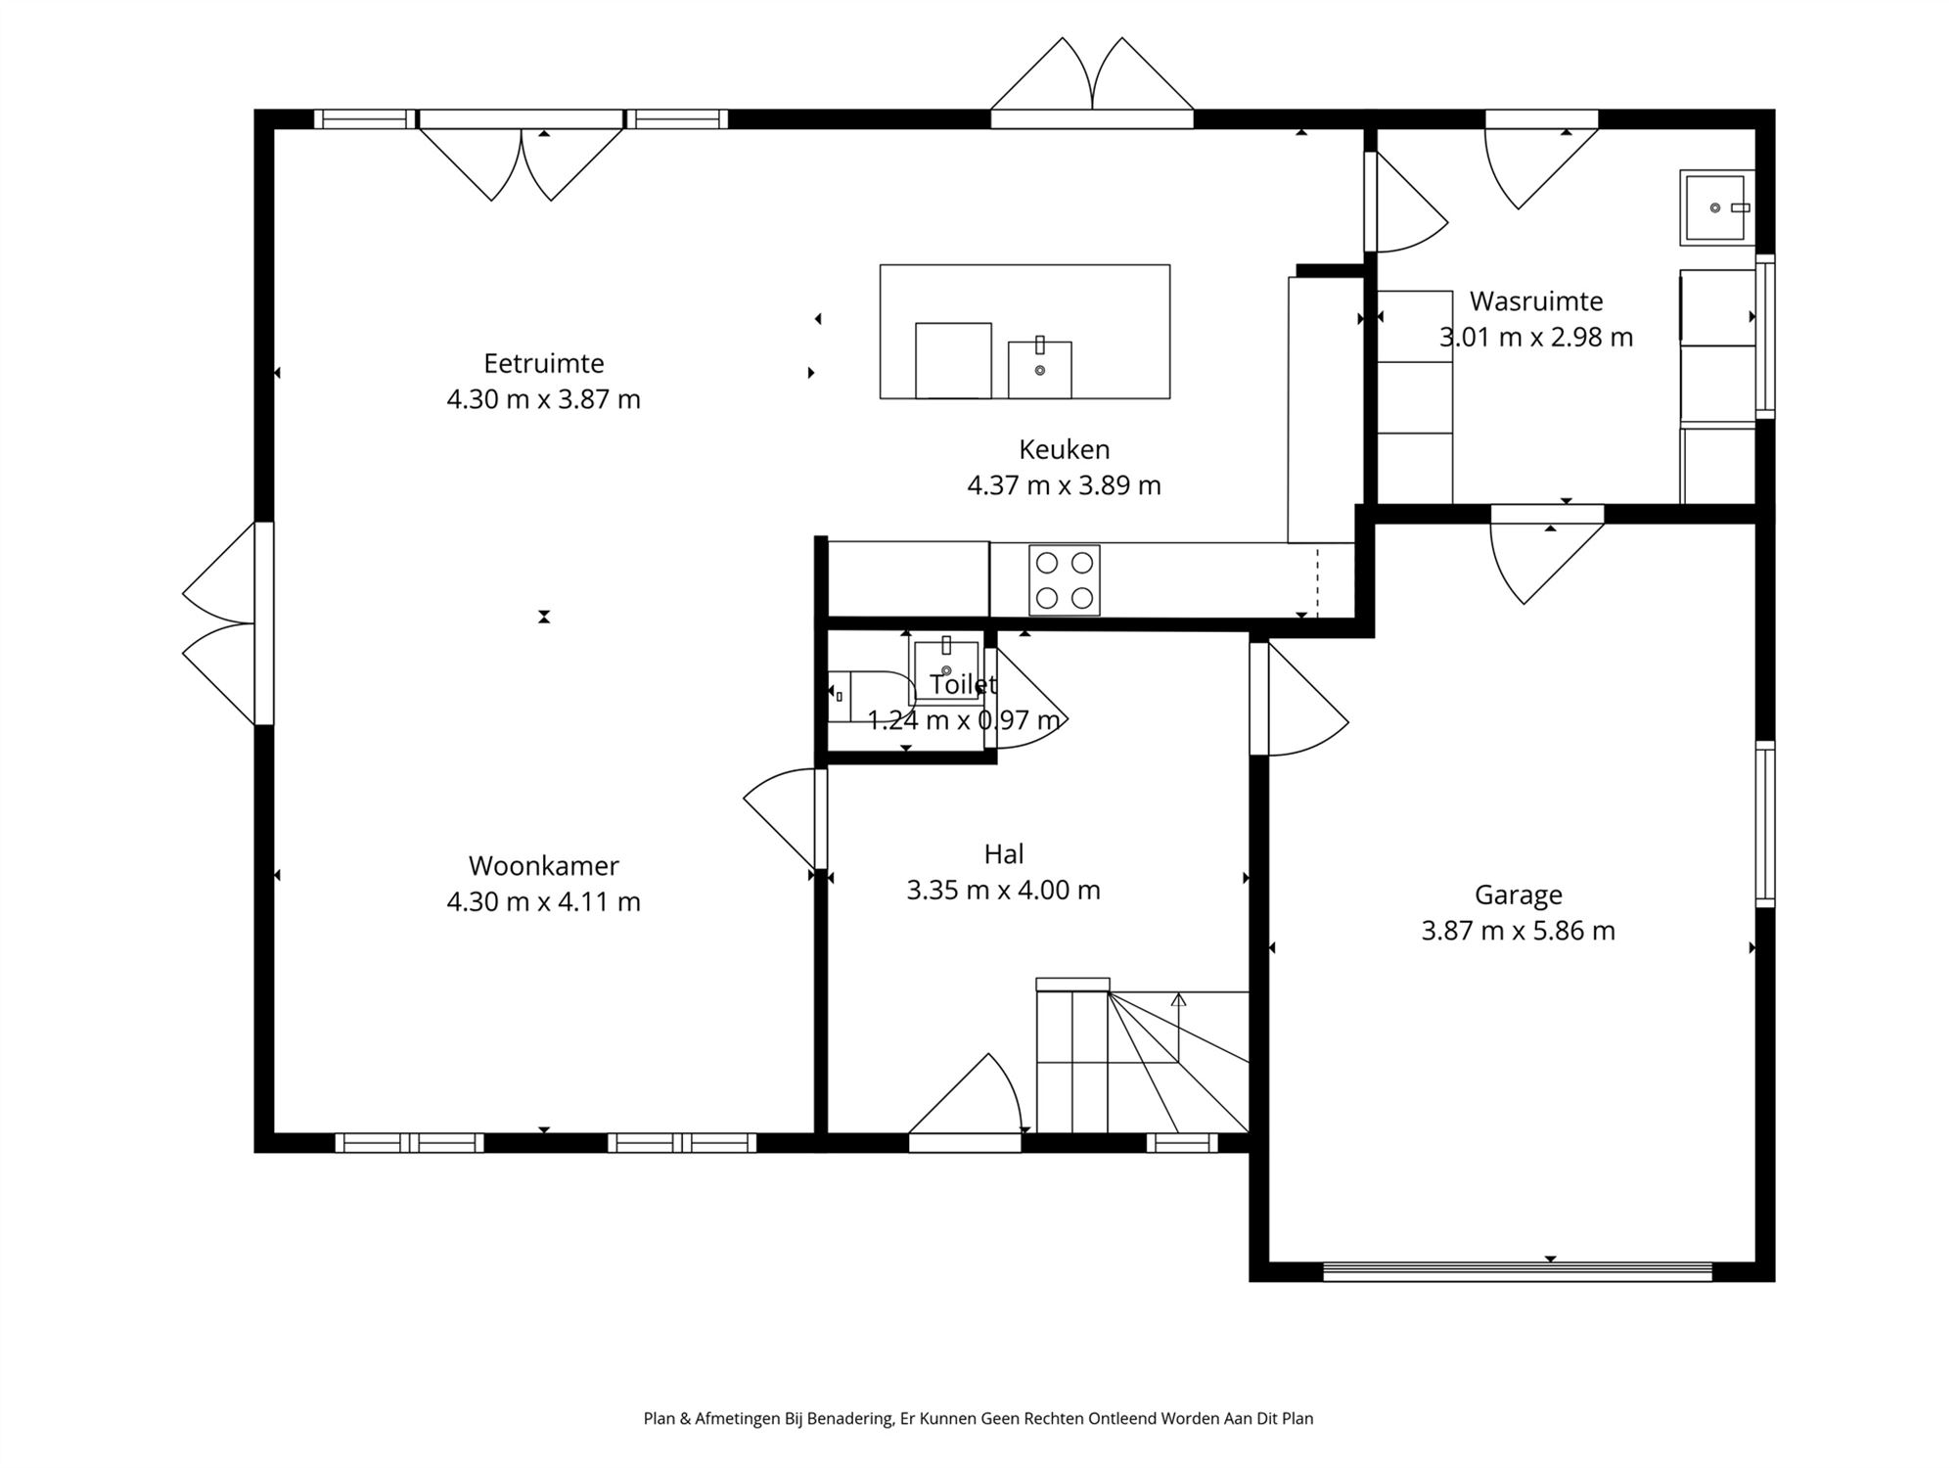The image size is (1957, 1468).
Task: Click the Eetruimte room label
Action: pyautogui.click(x=544, y=363)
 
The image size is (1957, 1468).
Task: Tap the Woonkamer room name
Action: pyautogui.click(x=544, y=866)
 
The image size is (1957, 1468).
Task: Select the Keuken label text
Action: pyautogui.click(x=1065, y=449)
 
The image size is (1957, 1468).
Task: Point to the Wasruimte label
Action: pyautogui.click(x=1536, y=301)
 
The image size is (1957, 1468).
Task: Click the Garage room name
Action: pyautogui.click(x=1519, y=895)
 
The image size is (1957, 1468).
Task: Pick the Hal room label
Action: pyautogui.click(x=1004, y=854)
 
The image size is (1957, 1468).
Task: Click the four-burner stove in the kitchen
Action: pyautogui.click(x=1065, y=580)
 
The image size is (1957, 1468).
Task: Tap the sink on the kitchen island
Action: pyautogui.click(x=1040, y=369)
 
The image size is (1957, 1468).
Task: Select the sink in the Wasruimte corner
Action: pyautogui.click(x=1717, y=207)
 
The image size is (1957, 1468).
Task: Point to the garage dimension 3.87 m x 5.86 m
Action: pyautogui.click(x=1519, y=931)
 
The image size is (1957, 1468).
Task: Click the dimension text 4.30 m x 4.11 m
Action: pyautogui.click(x=544, y=901)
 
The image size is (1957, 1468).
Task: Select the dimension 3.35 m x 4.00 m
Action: pyautogui.click(x=1004, y=891)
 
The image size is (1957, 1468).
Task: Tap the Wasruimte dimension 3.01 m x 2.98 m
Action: pyautogui.click(x=1536, y=338)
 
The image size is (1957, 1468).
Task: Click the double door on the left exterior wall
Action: pyautogui.click(x=229, y=623)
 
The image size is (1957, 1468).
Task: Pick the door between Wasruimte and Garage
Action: pyautogui.click(x=1547, y=553)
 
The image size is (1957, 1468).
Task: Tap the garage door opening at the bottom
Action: pyautogui.click(x=1518, y=1271)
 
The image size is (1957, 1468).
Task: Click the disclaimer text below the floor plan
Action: pyautogui.click(x=978, y=1418)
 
